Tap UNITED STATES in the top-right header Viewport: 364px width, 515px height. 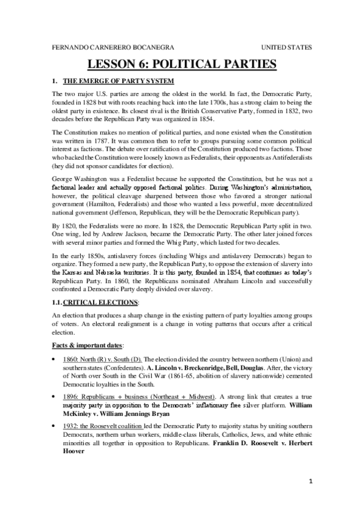[287, 47]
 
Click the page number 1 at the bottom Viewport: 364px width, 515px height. [310, 494]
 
